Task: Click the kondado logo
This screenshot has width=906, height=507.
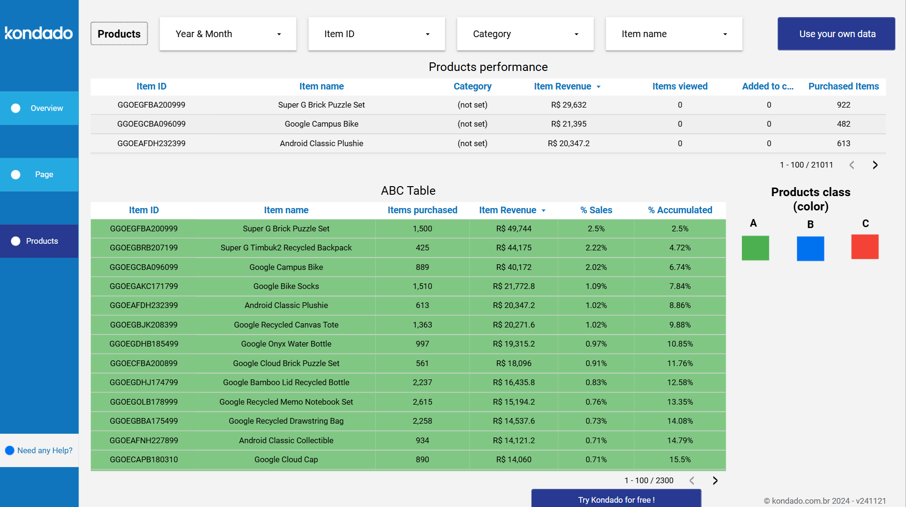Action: [39, 33]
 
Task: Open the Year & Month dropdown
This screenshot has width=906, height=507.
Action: [228, 34]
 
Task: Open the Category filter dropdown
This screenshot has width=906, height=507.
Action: [525, 34]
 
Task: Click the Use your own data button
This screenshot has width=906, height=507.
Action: [837, 34]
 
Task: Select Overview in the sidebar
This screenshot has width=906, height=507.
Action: [39, 108]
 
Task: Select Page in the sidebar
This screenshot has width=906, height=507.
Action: [39, 175]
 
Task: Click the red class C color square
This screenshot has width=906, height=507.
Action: [865, 247]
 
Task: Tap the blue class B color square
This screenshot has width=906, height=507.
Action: [810, 248]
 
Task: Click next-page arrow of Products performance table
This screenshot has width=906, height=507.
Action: [875, 165]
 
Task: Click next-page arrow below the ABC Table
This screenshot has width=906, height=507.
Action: [715, 481]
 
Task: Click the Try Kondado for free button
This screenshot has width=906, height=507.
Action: [616, 499]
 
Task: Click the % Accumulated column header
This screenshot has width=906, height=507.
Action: [680, 210]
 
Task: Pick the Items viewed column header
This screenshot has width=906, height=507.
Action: [680, 86]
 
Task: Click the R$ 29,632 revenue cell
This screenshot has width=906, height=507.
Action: [568, 105]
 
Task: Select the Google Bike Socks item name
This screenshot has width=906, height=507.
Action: [286, 286]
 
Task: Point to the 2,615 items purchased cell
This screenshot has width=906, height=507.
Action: [422, 402]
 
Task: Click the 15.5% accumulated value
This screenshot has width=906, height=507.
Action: [680, 459]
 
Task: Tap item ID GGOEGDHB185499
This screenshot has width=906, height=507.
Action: [144, 344]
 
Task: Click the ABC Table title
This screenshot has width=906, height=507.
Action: [408, 190]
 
